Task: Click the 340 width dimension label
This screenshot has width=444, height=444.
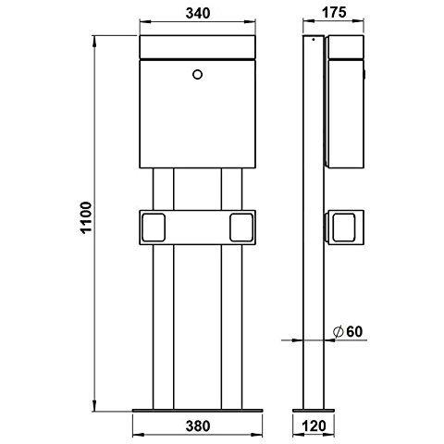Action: (198, 13)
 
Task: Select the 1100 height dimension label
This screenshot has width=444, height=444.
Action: (85, 217)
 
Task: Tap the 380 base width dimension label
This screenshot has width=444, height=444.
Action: (198, 425)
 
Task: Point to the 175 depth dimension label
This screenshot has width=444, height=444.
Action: (334, 13)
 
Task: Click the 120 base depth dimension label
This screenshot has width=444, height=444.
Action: (314, 425)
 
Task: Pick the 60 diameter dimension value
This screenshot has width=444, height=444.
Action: (354, 332)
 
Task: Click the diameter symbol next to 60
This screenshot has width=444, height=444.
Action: (339, 332)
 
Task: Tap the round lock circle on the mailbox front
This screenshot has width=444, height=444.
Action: (197, 74)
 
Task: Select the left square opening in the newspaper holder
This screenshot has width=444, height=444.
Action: (154, 228)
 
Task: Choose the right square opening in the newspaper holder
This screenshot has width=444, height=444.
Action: (241, 228)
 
